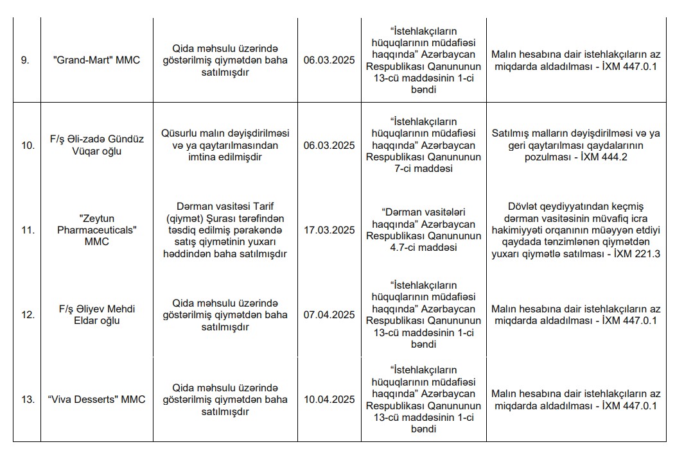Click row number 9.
pos(26,60)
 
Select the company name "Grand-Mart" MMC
pos(96,60)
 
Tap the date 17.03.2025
pos(329,230)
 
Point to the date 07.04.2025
pos(329,314)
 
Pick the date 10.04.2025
pos(329,399)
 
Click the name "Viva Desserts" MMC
pos(96,399)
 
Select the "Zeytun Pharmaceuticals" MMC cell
pos(96,230)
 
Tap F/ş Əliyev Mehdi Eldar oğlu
pos(96,314)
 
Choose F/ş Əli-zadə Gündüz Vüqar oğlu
pos(96,145)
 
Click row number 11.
pos(27,230)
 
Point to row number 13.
pos(27,399)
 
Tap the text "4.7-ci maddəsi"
pos(423,248)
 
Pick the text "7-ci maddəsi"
pos(423,169)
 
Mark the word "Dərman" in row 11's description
pos(189,207)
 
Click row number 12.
pos(27,314)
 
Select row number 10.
pos(27,145)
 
